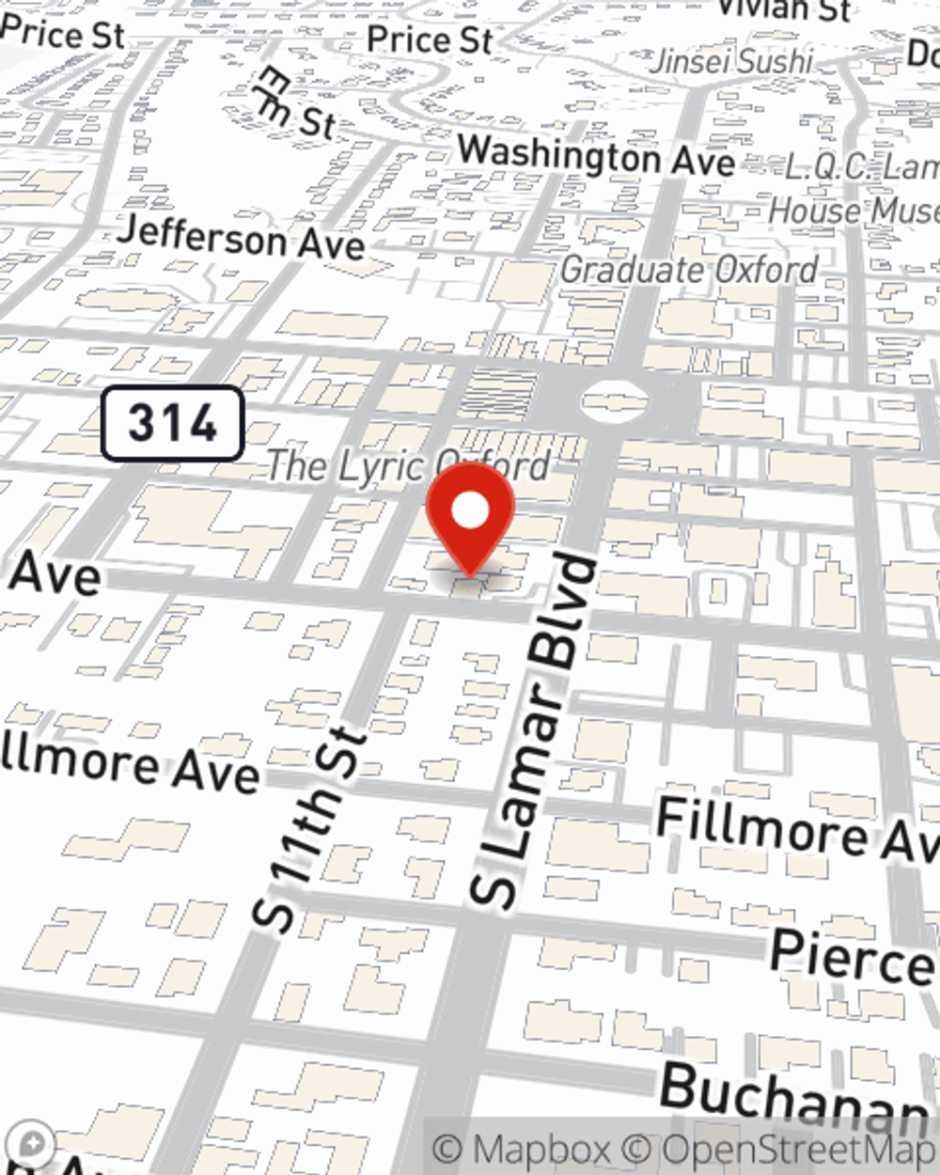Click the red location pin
[470, 513]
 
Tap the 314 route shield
[173, 423]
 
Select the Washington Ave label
[596, 156]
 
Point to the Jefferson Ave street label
[241, 237]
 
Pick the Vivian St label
[782, 9]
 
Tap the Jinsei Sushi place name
[731, 62]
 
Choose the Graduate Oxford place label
[689, 271]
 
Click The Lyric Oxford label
[406, 465]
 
